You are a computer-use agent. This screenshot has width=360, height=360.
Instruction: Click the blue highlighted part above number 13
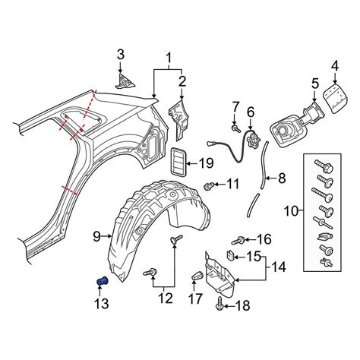[x=103, y=281]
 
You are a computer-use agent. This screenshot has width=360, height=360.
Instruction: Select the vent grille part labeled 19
[x=178, y=161]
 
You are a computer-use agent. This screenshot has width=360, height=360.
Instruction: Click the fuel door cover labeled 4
[x=335, y=99]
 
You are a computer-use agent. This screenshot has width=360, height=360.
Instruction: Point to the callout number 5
[x=315, y=84]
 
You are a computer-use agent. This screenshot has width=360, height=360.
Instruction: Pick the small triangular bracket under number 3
[x=125, y=81]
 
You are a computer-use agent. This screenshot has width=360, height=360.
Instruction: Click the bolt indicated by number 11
[x=209, y=186]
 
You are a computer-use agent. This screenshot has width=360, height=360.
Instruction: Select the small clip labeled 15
[x=230, y=255]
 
